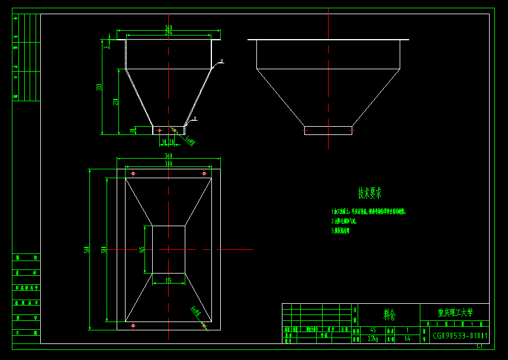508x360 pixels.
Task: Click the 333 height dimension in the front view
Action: point(99,87)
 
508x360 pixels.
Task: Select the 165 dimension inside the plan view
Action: point(142,249)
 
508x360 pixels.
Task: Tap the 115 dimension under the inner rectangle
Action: point(169,281)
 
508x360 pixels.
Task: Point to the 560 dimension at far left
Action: point(87,249)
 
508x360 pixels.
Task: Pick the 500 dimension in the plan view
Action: point(104,249)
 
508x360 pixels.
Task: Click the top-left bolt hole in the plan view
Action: point(133,173)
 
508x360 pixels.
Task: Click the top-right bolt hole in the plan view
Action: point(204,173)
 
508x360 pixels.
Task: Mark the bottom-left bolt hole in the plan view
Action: point(133,325)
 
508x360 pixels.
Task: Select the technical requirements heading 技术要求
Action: point(369,193)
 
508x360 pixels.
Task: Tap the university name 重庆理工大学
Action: point(455,312)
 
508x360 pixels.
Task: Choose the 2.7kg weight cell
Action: point(372,339)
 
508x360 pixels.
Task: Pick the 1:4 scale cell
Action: point(407,339)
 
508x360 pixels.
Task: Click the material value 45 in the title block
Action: point(372,330)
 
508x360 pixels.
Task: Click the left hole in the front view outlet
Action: point(159,130)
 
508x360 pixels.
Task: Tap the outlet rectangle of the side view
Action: point(328,131)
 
